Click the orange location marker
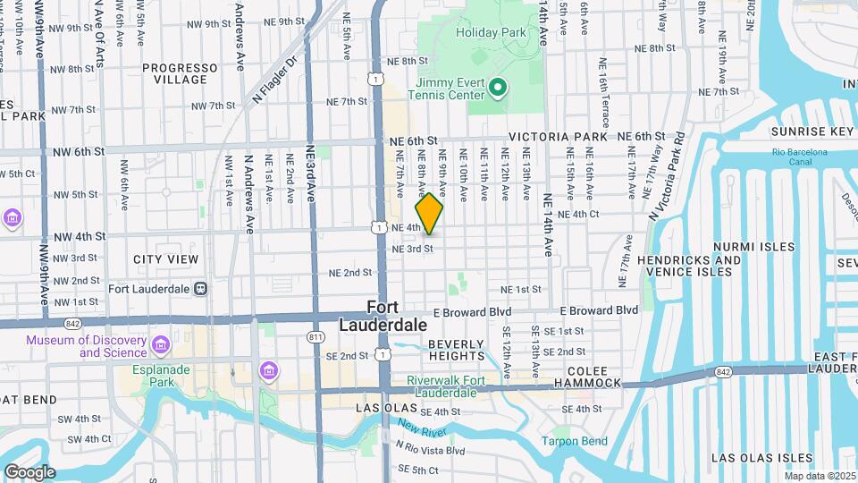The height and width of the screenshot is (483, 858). point(429,213)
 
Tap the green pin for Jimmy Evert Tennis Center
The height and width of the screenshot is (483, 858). point(499,87)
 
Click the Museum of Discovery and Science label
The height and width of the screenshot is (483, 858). point(86,346)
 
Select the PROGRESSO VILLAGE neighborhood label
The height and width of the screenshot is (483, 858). point(180,73)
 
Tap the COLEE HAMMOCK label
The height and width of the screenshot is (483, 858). point(586,376)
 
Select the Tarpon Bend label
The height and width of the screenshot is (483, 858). point(575,441)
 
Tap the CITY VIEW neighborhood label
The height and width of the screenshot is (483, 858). point(165,259)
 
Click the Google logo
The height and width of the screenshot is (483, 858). point(29,472)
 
